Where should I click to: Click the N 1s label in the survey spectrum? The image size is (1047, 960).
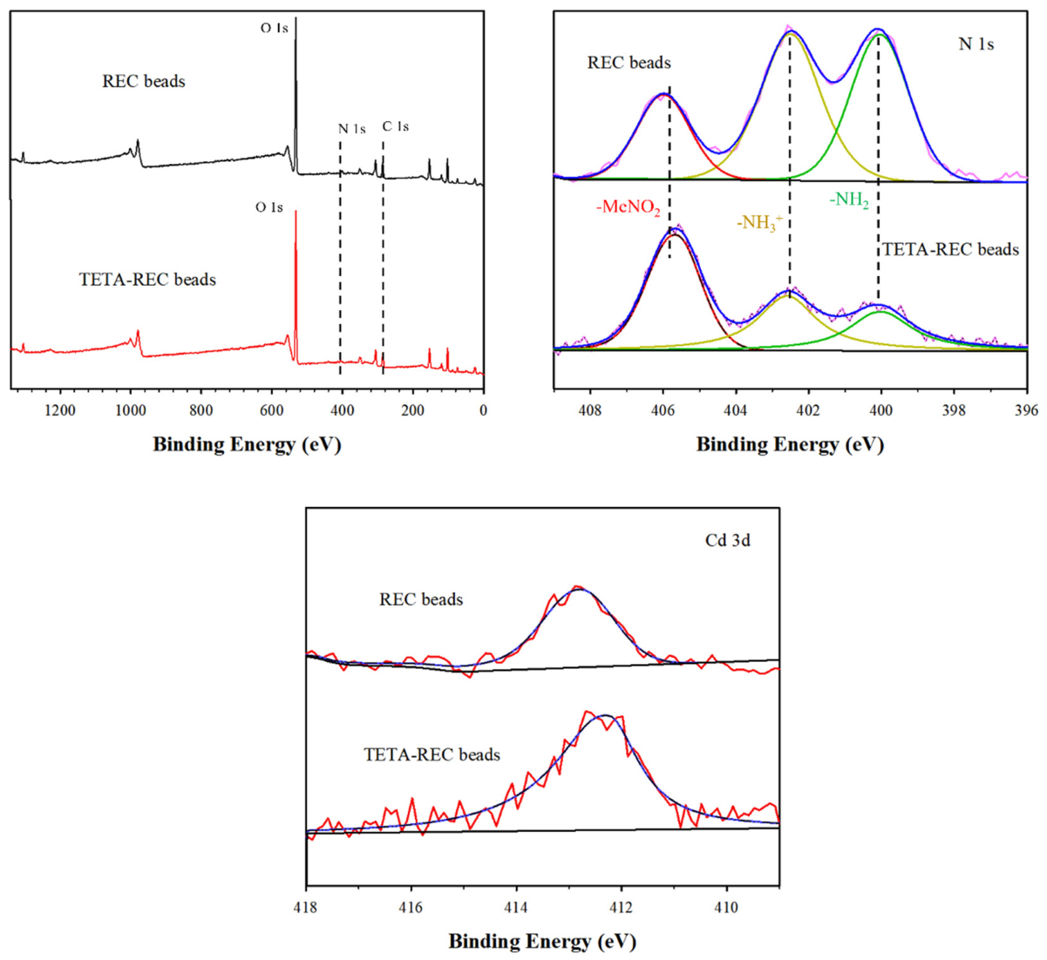[352, 129]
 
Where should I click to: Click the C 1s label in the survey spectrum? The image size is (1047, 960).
[396, 126]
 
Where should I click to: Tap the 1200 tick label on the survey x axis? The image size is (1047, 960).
[60, 410]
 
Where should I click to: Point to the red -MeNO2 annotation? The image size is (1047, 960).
[629, 208]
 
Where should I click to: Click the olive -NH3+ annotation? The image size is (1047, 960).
[759, 223]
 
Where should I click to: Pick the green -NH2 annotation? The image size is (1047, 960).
[849, 199]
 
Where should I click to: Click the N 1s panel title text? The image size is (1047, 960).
[976, 44]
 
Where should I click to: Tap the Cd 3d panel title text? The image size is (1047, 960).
[728, 540]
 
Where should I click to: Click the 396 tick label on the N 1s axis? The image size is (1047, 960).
[1027, 410]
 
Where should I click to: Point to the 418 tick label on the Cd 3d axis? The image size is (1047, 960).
[306, 908]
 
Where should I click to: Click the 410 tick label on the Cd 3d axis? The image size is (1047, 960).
[726, 908]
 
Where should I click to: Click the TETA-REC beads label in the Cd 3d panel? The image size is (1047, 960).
[432, 755]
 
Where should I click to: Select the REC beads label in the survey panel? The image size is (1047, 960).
[144, 81]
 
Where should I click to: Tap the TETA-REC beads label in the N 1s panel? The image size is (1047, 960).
[950, 249]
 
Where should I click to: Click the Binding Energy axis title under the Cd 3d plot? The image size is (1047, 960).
[542, 942]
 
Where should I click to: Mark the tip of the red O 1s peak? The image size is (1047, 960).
[296, 211]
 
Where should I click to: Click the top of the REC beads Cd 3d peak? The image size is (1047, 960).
[578, 587]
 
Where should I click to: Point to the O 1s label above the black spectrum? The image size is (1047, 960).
[274, 27]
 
